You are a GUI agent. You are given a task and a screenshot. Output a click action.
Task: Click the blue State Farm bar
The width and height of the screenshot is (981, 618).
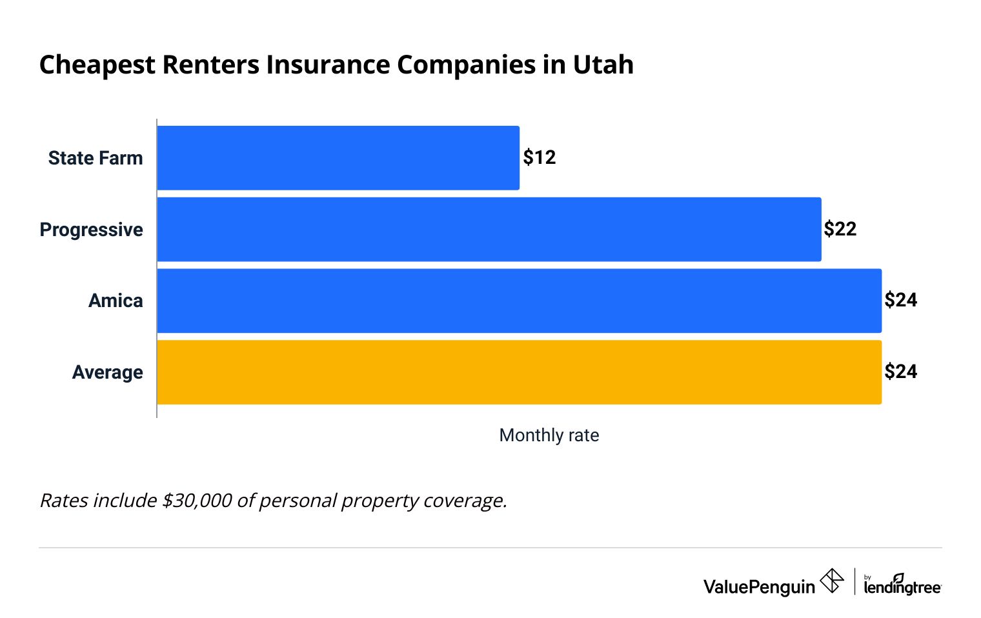[338, 158]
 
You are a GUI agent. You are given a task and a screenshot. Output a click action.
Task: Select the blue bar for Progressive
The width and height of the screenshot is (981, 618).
[489, 230]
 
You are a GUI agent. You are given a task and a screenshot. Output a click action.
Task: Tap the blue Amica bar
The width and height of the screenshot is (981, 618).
[519, 301]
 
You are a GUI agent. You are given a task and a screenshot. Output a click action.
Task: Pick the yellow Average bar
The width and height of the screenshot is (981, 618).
[519, 372]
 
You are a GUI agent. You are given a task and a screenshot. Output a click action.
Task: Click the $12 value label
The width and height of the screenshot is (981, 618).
[539, 157]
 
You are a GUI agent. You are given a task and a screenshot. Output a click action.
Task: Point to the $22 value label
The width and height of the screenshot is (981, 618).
[840, 229]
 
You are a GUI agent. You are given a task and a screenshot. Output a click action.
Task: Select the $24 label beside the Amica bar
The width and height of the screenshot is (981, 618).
[900, 300]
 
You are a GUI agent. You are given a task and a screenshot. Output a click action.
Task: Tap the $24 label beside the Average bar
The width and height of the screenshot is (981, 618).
[900, 372]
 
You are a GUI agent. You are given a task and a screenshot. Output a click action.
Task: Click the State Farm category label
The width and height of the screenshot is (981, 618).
[96, 158]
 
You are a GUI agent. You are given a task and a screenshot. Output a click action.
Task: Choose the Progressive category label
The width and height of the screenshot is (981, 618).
[91, 230]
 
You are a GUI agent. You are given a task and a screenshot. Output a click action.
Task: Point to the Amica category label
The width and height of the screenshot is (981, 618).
[116, 301]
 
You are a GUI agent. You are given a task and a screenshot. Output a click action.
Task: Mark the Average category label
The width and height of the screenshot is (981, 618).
[107, 372]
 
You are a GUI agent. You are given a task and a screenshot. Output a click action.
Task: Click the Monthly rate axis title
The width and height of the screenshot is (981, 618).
[549, 435]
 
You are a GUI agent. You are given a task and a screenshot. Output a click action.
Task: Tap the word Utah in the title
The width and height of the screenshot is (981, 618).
[603, 65]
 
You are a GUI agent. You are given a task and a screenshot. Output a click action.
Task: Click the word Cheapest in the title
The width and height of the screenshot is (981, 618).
[97, 65]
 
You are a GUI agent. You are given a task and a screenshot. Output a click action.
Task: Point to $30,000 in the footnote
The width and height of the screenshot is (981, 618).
[197, 501]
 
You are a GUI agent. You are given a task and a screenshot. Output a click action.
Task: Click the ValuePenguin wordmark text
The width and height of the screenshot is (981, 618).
[759, 586]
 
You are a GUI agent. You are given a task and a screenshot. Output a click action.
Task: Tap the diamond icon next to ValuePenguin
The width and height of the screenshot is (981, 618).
[831, 581]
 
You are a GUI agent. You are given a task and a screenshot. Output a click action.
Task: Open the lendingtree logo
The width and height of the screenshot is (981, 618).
[902, 585]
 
